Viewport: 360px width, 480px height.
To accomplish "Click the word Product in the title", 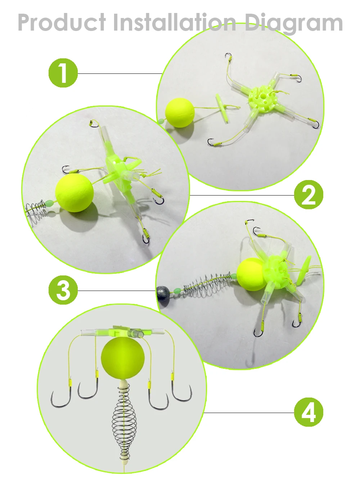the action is pos(62,23).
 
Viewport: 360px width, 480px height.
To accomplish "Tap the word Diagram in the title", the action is pos(293,24).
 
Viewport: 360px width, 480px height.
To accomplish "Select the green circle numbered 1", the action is pos(63,73).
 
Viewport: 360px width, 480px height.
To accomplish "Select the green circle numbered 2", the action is pos(309,194).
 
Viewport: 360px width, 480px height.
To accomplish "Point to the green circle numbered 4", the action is pos(309,412).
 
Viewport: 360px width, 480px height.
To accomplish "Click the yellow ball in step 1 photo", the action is pos(180,113).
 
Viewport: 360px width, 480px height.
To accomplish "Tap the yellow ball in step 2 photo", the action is pos(74,193).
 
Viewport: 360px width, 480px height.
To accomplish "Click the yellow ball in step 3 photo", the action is pos(251,274).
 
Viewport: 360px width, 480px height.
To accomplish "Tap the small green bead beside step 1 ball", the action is pos(161,121).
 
